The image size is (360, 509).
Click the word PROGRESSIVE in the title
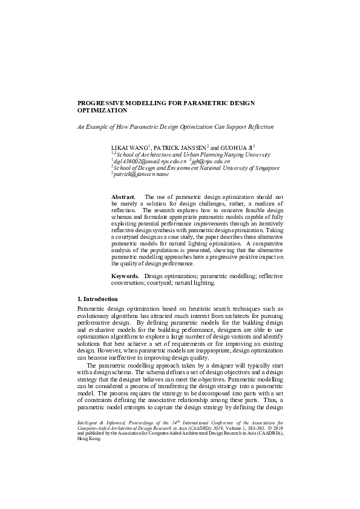103,103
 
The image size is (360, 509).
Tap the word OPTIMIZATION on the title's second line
102,111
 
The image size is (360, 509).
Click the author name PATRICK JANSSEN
180,147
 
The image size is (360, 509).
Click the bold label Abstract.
123,198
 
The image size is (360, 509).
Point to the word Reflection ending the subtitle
261,127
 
